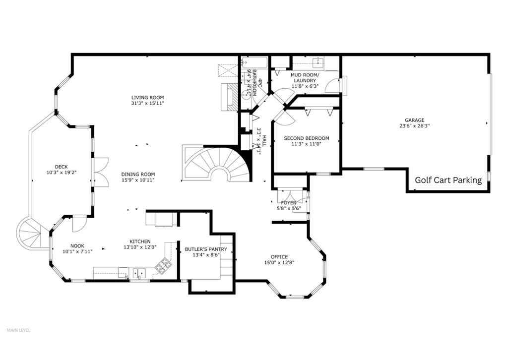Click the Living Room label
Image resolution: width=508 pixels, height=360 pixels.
pyautogui.click(x=147, y=97)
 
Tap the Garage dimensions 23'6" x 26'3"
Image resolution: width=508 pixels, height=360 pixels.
pyautogui.click(x=414, y=126)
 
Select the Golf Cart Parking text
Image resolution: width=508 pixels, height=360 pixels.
pyautogui.click(x=448, y=180)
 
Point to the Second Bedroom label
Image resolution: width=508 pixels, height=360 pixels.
pyautogui.click(x=306, y=138)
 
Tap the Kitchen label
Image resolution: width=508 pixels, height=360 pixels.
pyautogui.click(x=140, y=241)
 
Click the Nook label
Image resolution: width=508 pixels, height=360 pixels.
pyautogui.click(x=77, y=245)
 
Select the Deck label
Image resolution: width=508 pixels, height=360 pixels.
pyautogui.click(x=62, y=167)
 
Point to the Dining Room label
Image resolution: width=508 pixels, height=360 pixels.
pyautogui.click(x=138, y=174)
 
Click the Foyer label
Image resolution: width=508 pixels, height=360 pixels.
pyautogui.click(x=288, y=203)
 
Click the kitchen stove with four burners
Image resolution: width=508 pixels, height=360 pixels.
pyautogui.click(x=162, y=267)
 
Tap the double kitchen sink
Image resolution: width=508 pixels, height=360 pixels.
pyautogui.click(x=139, y=272)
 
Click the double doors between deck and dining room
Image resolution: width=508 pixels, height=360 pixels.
pyautogui.click(x=101, y=172)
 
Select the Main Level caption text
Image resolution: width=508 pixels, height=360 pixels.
pyautogui.click(x=18, y=330)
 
